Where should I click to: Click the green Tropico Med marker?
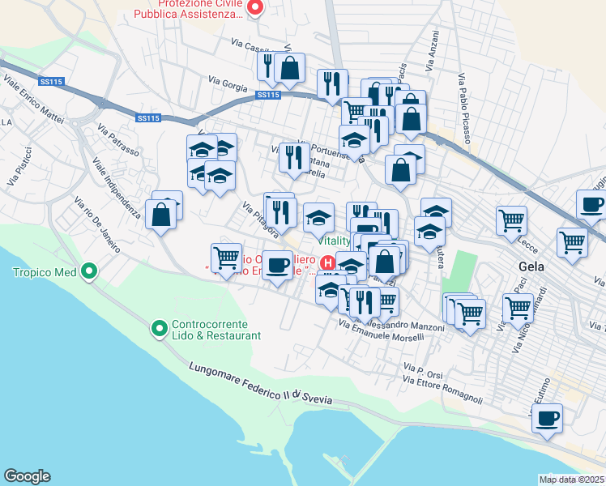pyautogui.click(x=90, y=272)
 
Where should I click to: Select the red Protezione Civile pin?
pyautogui.click(x=254, y=9)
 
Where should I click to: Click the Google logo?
pyautogui.click(x=27, y=476)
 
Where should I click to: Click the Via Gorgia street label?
pyautogui.click(x=226, y=81)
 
